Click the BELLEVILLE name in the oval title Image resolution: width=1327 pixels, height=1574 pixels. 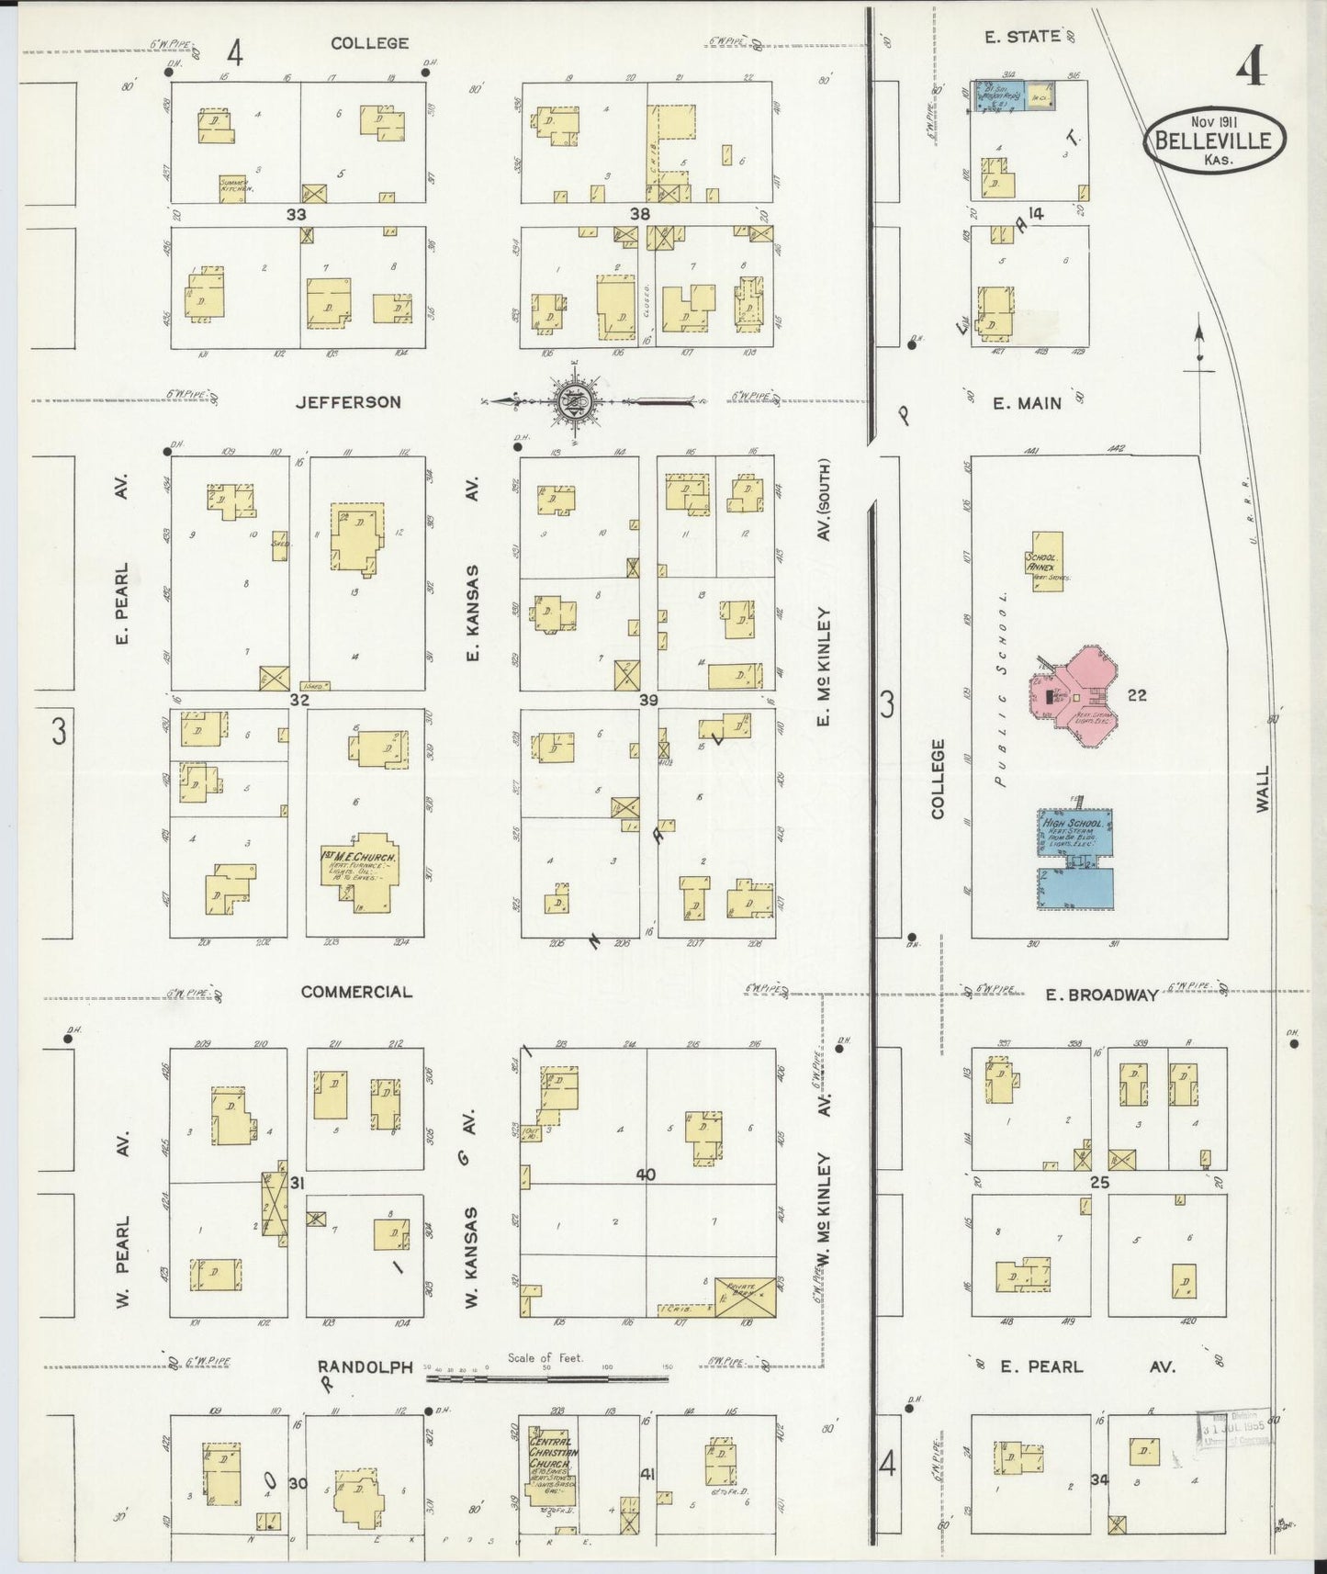click(x=1213, y=141)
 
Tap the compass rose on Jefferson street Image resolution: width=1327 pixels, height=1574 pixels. click(x=576, y=401)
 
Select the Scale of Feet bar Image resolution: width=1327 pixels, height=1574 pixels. click(x=546, y=1377)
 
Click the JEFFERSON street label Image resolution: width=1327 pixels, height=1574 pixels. click(x=348, y=402)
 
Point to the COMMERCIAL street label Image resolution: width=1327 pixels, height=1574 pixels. click(x=356, y=992)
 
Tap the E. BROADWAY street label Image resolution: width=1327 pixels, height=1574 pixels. click(x=1102, y=995)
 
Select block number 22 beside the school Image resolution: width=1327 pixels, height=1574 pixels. click(x=1136, y=695)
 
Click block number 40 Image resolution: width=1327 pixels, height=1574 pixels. click(x=646, y=1175)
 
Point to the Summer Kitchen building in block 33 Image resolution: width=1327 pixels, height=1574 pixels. click(x=236, y=187)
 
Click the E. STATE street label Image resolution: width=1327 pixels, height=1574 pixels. click(x=1022, y=37)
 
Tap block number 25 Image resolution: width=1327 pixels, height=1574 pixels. click(x=1099, y=1183)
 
